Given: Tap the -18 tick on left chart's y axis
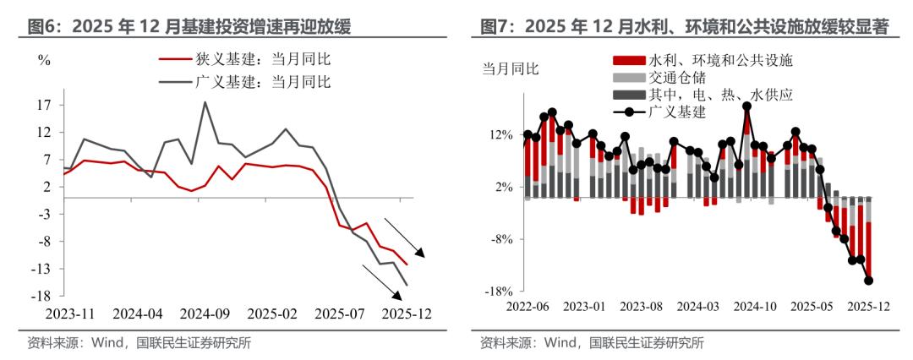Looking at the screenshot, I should click(42, 296).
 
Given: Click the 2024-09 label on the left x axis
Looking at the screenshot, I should click(205, 314).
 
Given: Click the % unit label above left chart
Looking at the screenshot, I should click(44, 61).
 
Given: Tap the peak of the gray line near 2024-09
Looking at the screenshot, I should click(205, 102).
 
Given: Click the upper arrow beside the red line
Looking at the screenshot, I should click(409, 237).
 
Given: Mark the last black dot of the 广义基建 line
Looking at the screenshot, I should click(868, 281).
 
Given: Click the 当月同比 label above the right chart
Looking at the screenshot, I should click(510, 68).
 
